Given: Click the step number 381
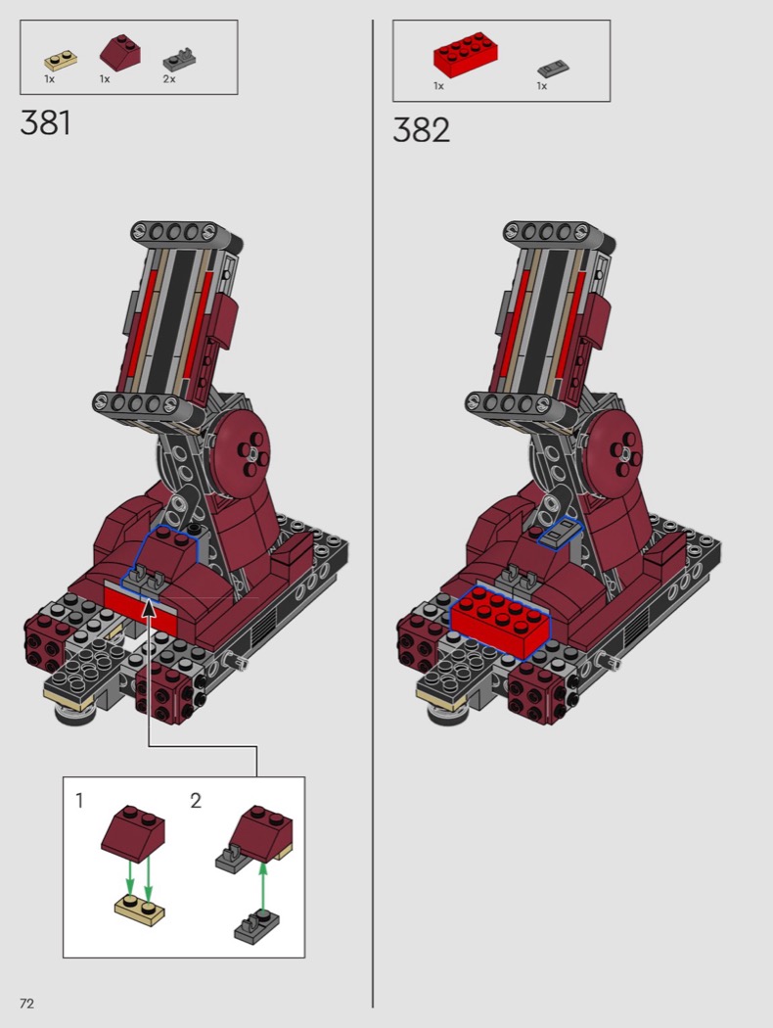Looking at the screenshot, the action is (45, 122).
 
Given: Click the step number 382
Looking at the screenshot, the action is (421, 129).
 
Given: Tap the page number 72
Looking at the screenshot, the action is (26, 1004).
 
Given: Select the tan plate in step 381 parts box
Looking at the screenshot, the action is (61, 61).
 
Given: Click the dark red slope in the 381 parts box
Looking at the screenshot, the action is (120, 53).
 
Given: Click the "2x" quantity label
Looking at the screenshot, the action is (169, 79).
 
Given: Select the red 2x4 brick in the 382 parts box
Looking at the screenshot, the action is (465, 55).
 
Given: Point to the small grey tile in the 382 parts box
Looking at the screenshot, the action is (553, 69).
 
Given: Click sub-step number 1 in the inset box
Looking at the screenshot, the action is (79, 801).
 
